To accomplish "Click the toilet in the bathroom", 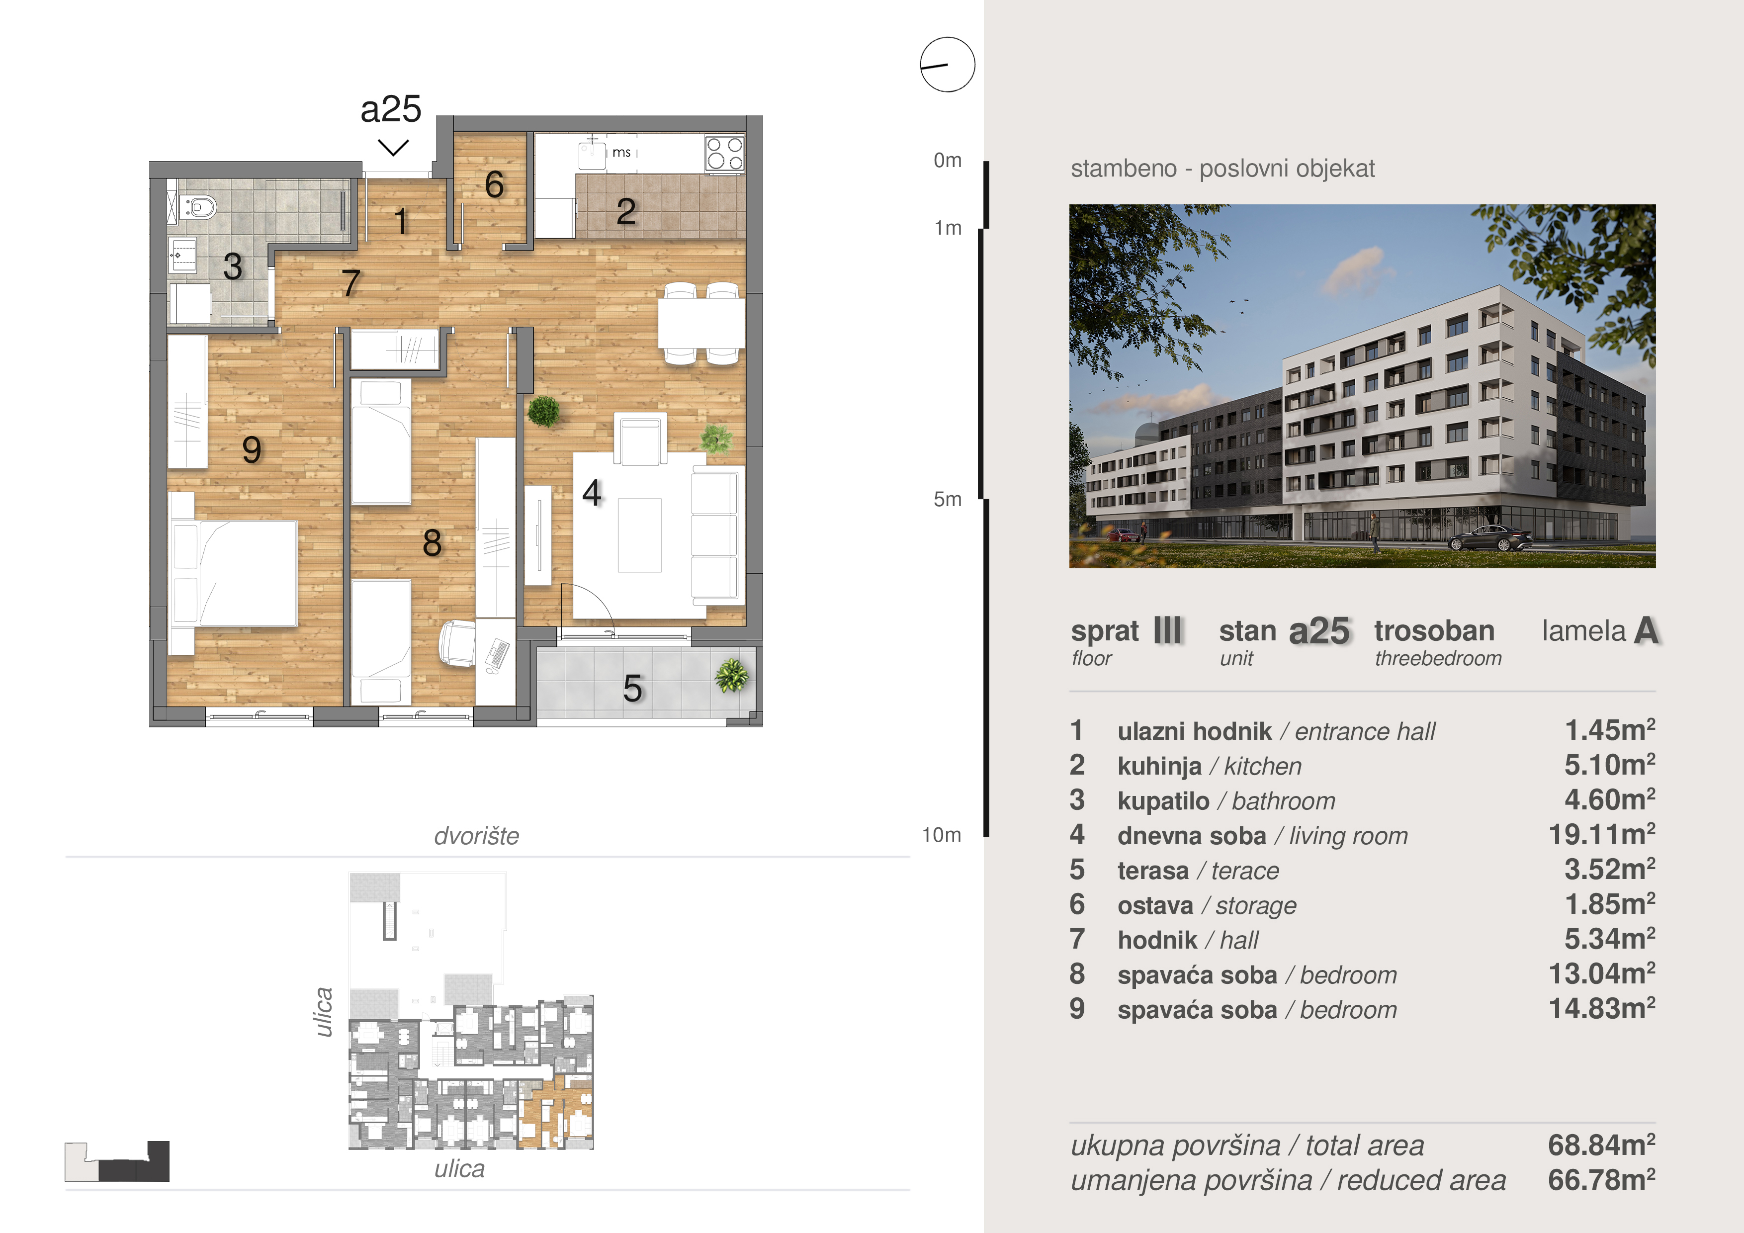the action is coord(198,206).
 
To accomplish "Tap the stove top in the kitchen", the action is coord(724,154).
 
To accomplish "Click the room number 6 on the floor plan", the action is coord(495,184).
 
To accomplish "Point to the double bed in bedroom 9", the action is coord(233,574).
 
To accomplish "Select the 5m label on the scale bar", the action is coord(947,499).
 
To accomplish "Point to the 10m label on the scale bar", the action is coord(942,835).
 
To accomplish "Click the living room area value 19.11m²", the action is coord(1602,835).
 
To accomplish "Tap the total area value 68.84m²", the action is coord(1602,1145).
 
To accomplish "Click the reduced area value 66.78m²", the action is coord(1602,1180).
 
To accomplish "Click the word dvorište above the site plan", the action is coord(476,836).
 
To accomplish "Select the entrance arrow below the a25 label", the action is coord(393,147).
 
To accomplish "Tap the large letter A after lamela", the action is coord(1646,630).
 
